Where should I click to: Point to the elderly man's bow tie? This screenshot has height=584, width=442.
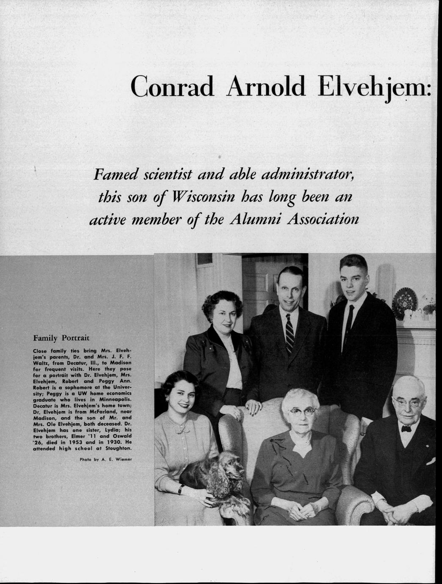pos(406,429)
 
